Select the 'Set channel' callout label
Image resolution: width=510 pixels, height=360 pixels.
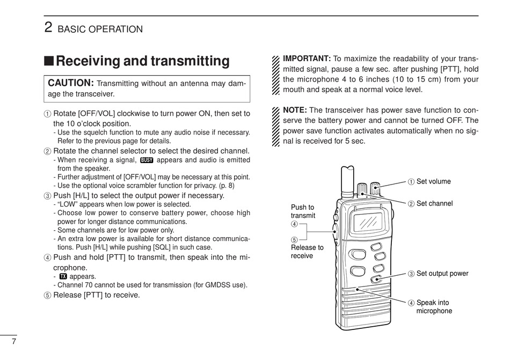tap(434, 204)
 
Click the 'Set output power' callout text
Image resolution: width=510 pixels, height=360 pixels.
tap(442, 274)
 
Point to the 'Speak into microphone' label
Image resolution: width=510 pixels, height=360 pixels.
tap(434, 307)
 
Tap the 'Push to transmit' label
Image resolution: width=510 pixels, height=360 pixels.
tap(303, 211)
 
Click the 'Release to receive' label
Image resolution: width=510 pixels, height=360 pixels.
tap(307, 252)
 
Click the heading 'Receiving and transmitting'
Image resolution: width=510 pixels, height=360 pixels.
tap(142, 61)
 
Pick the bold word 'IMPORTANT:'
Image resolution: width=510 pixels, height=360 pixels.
tap(307, 58)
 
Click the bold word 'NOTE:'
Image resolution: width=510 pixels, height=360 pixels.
tap(295, 110)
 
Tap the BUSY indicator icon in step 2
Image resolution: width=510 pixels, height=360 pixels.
tap(147, 160)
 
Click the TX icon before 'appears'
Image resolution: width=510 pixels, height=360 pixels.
tap(63, 276)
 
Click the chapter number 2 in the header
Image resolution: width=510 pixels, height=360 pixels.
tap(48, 27)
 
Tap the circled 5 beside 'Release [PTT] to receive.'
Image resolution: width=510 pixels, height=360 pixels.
tap(47, 295)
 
